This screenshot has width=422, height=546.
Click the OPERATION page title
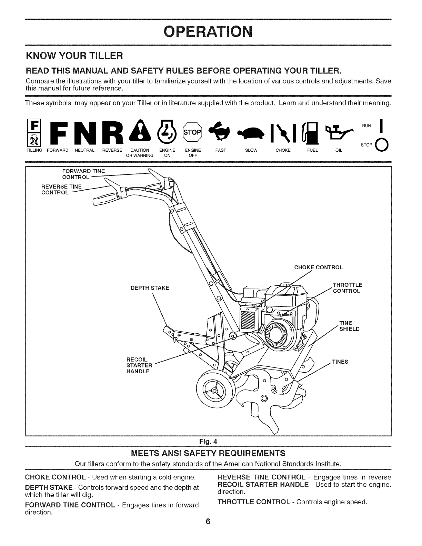(x=208, y=32)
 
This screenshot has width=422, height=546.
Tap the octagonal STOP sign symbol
(x=192, y=132)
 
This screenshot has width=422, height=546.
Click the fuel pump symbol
(x=310, y=133)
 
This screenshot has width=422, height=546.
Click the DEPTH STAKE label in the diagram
(x=150, y=288)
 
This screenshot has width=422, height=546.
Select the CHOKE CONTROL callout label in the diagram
(x=319, y=267)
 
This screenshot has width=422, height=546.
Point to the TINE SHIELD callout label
(x=349, y=326)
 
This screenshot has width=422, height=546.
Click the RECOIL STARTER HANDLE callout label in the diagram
(x=139, y=365)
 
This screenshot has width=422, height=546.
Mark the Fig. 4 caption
(x=208, y=442)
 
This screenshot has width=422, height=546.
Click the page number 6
(x=208, y=522)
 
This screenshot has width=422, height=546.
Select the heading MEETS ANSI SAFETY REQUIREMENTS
(x=208, y=453)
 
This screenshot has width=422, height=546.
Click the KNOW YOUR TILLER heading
(x=75, y=56)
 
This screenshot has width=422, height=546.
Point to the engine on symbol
(x=167, y=132)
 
